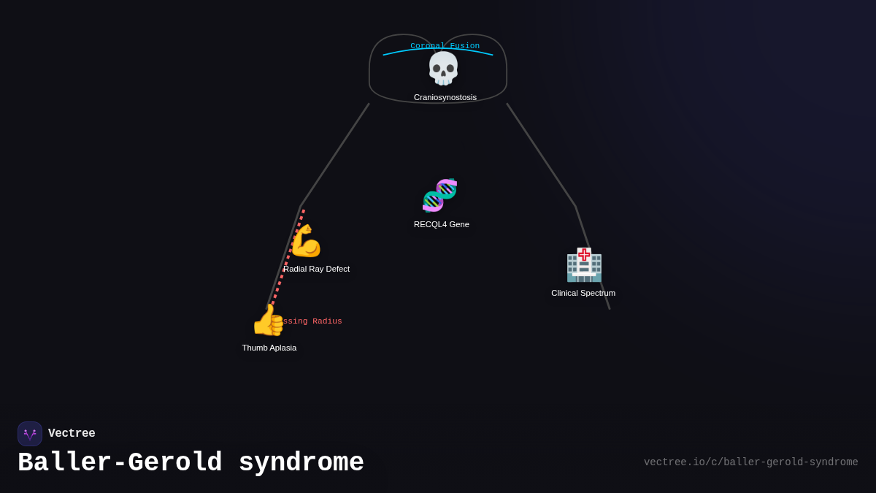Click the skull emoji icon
[443, 69]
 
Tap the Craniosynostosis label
[445, 97]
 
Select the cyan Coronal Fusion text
[445, 46]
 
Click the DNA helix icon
[440, 195]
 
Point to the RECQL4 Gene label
[442, 224]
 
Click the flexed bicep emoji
[306, 241]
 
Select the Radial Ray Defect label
[317, 269]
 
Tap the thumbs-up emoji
[267, 320]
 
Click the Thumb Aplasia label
[269, 348]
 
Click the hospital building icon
[584, 265]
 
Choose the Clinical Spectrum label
[583, 293]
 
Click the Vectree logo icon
[30, 434]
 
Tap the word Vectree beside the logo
[72, 434]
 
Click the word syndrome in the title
[301, 463]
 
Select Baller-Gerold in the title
[120, 463]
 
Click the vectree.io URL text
[750, 462]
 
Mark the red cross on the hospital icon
[584, 254]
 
